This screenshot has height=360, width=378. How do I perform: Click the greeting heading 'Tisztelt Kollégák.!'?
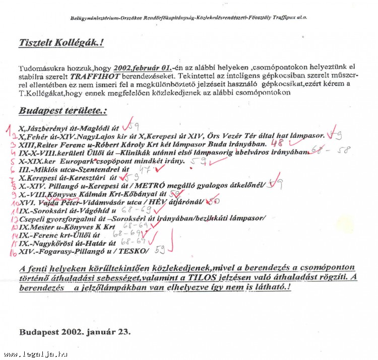(x=61, y=43)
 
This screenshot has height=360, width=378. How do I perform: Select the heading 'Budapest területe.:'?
(x=63, y=111)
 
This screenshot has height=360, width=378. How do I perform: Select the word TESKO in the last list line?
(x=136, y=251)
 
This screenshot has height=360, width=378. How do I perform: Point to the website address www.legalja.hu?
(x=35, y=354)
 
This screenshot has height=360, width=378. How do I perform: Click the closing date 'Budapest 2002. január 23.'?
(x=75, y=332)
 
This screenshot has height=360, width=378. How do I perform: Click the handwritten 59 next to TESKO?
(x=160, y=249)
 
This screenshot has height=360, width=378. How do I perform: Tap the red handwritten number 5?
(x=12, y=162)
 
